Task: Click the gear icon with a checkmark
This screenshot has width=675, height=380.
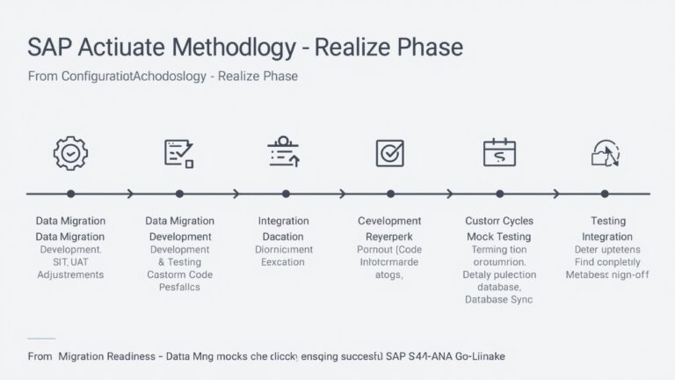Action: [71, 153]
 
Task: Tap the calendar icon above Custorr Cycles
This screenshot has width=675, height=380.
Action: [497, 153]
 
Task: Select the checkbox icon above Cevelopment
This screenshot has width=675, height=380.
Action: [389, 153]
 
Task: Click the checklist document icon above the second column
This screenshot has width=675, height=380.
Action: [179, 153]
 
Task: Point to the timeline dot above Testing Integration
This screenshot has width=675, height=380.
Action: [605, 194]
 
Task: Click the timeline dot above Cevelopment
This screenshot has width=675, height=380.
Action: [389, 194]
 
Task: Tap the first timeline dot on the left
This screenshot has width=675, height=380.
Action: [71, 194]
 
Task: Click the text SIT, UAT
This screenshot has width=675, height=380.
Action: [70, 261]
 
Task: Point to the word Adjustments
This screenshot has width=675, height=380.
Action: [70, 274]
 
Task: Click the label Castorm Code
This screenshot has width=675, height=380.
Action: [179, 274]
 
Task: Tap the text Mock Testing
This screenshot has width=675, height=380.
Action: [497, 237]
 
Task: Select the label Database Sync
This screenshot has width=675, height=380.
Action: [497, 299]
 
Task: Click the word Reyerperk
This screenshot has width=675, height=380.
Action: [389, 237]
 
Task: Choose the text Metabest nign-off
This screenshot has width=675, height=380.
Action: [606, 274]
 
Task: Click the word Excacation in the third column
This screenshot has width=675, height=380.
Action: [283, 262]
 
